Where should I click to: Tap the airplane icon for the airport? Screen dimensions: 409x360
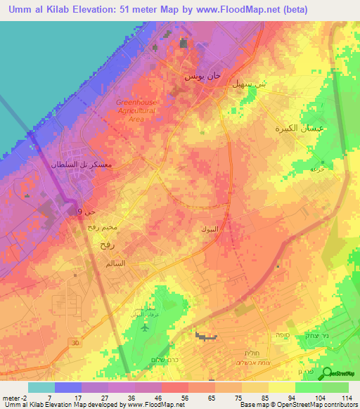tap(145, 327)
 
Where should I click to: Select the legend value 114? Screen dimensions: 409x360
tap(345, 397)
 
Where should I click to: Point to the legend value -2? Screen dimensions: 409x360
tap(14, 397)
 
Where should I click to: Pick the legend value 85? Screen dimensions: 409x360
tap(263, 397)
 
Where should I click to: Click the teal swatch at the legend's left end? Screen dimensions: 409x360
tap(41, 387)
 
